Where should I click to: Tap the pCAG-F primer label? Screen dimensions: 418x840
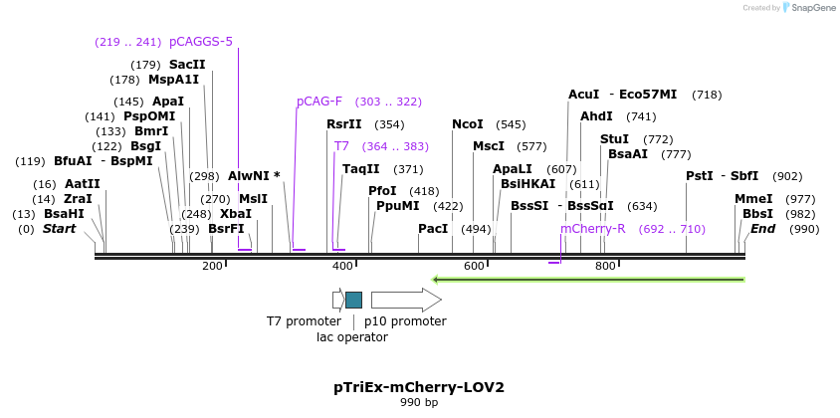(318, 102)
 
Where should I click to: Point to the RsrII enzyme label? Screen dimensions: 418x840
(344, 124)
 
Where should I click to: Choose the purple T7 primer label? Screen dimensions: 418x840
(341, 146)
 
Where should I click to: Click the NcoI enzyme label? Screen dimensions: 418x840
(467, 124)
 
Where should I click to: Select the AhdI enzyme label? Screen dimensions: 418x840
(596, 116)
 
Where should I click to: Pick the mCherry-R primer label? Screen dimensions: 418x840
(592, 229)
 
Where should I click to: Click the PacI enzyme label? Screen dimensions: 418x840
(433, 229)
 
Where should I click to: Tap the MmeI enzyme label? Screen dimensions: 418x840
(753, 199)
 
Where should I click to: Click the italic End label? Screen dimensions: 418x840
(762, 229)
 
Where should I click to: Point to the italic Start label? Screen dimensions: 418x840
(59, 229)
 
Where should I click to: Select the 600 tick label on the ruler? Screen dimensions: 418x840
(474, 266)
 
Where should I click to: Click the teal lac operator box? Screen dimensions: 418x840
(353, 300)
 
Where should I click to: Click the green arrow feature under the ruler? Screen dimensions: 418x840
(588, 280)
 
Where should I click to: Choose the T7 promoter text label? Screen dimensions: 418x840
(304, 321)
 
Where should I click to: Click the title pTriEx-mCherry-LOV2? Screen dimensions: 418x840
(419, 387)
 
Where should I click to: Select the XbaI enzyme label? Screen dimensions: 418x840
(236, 214)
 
